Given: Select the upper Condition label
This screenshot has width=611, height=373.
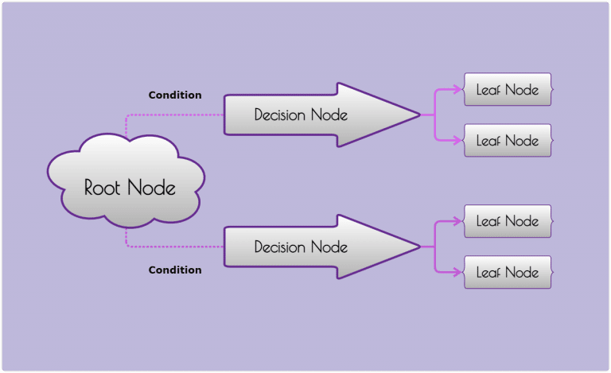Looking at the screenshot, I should pos(175,95).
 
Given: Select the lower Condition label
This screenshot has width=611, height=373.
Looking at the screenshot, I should pos(175,270).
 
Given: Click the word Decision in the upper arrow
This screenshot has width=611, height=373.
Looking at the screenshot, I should pos(279,115).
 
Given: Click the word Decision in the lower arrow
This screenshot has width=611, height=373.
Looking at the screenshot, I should pos(279,247).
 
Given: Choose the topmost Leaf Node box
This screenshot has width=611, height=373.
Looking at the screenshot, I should pos(508,90).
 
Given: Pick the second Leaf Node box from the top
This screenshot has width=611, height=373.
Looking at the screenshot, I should pos(508,141).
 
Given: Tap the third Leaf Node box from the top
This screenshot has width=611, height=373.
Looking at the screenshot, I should pos(508,222).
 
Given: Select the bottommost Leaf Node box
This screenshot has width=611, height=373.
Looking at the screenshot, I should pos(508,273).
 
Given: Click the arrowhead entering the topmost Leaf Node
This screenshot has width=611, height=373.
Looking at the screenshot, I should pos(458,90).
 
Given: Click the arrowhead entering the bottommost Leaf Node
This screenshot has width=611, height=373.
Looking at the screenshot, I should pos(458,273).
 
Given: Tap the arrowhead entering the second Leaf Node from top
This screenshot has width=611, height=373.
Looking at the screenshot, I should pos(458,141).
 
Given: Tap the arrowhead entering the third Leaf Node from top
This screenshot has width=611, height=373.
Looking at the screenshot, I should pos(458,222).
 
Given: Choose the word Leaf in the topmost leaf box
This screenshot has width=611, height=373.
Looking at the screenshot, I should pos(488,90).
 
